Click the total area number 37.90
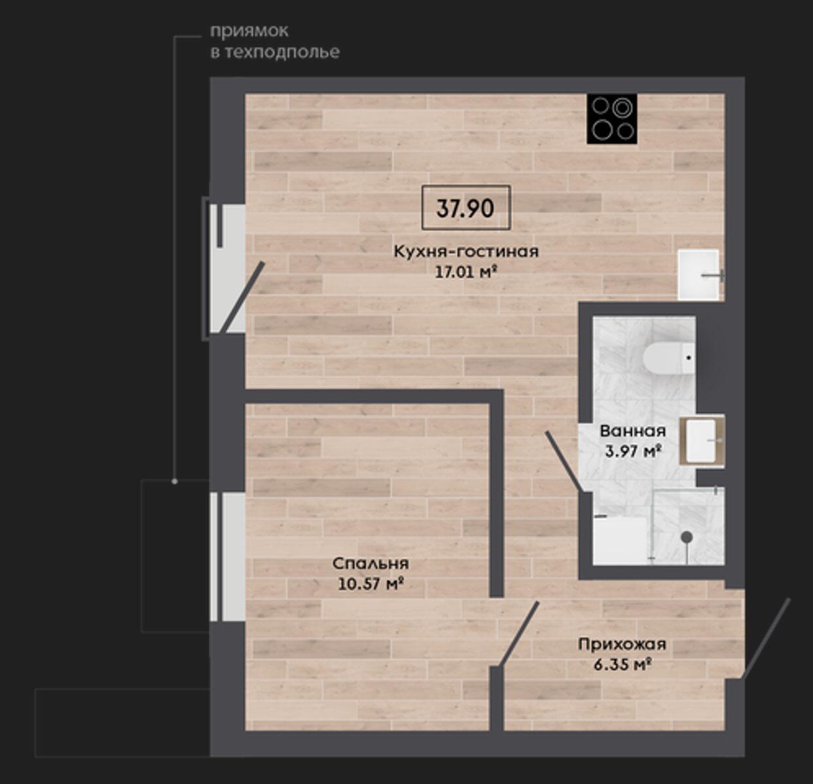point(465,208)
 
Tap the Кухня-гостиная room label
point(466,251)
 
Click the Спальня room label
point(370,563)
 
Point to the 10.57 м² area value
point(370,584)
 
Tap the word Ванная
point(633,431)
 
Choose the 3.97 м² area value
point(633,451)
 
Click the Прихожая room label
point(622,644)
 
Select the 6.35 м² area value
point(623,664)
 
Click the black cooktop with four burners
point(612,119)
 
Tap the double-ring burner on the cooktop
point(623,108)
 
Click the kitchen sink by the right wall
point(698,275)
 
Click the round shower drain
point(687,537)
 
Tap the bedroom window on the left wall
point(227,557)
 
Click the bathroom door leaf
point(564,461)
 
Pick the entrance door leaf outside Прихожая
point(766,638)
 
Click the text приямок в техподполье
point(274,42)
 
